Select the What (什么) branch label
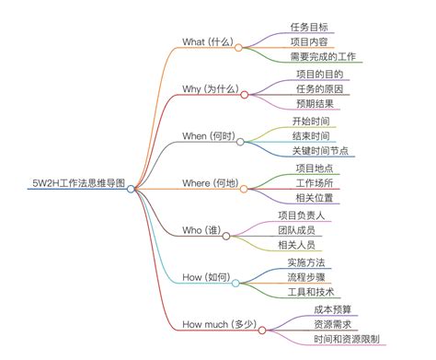208,42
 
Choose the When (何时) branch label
207,136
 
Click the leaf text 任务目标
308,26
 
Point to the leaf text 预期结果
315,105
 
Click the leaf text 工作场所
315,184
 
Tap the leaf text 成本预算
333,309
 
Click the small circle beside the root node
132,189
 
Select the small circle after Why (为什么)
245,94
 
